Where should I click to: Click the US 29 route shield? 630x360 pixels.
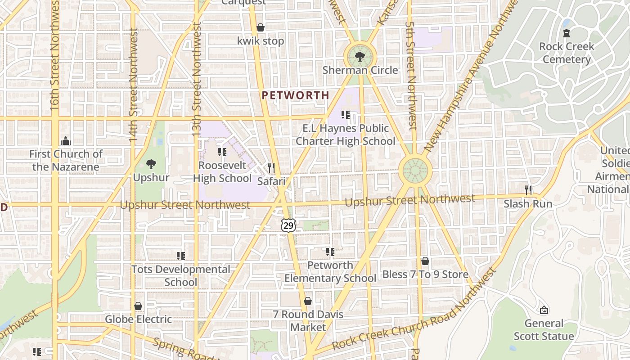288,225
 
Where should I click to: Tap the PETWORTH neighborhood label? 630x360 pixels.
296,95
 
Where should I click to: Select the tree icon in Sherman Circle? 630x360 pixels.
360,57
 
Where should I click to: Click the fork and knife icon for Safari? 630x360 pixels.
271,168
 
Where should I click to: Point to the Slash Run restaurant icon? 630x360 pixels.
528,190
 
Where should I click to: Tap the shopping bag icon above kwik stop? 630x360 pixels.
261,28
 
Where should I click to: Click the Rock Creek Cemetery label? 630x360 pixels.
567,53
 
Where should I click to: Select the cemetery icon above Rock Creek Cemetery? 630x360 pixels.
567,33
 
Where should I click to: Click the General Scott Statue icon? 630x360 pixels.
544,310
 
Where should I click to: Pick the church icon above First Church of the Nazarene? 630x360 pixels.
66,141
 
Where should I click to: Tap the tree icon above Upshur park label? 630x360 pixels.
151,164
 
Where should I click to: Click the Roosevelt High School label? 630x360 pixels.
222,172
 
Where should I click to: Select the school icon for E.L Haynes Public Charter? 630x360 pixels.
346,115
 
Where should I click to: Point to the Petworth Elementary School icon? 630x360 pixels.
330,252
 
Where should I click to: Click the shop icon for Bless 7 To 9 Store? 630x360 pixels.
425,261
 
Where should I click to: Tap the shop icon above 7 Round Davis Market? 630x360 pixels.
308,301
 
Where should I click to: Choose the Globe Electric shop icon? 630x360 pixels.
138,306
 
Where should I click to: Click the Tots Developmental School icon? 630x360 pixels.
181,256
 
